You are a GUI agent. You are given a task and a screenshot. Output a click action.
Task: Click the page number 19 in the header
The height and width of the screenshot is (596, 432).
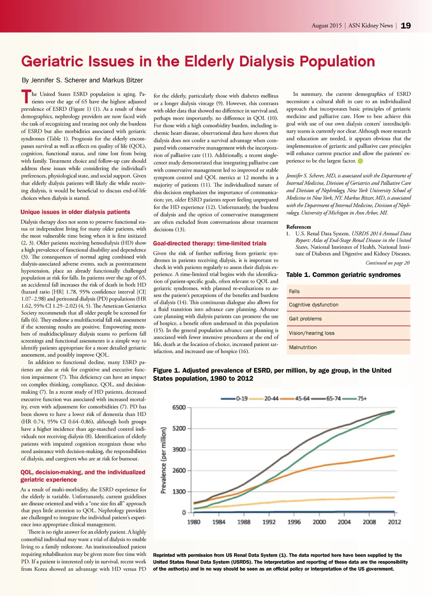click(405, 26)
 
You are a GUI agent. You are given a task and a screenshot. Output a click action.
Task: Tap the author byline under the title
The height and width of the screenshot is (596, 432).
click(82, 80)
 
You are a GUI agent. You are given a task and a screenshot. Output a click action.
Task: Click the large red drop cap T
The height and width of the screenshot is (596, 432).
click(26, 97)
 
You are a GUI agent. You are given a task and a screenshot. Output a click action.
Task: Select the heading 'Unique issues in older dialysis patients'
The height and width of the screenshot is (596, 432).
click(75, 212)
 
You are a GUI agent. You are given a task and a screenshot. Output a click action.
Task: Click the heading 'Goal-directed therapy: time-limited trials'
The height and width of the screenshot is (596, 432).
click(210, 243)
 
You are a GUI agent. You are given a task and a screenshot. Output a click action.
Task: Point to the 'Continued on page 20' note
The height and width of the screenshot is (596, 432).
click(387, 263)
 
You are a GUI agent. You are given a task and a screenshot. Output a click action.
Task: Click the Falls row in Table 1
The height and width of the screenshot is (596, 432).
click(348, 291)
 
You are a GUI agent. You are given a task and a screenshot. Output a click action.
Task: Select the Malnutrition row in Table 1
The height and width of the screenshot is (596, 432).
click(348, 347)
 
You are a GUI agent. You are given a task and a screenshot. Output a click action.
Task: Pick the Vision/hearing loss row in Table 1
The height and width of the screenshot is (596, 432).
click(348, 333)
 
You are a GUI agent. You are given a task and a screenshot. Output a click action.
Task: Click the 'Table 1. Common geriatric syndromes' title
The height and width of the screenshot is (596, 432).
click(343, 275)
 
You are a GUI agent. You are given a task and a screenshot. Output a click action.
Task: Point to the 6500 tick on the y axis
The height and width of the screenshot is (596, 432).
click(179, 407)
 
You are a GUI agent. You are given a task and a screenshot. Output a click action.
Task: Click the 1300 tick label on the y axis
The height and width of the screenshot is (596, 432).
click(179, 491)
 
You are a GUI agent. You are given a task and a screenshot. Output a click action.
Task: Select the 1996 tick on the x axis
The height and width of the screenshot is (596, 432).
click(294, 522)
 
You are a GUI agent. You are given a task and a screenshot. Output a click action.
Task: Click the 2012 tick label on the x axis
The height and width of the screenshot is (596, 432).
click(394, 522)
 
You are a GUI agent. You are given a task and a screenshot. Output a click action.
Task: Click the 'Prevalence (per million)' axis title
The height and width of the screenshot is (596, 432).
click(164, 460)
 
